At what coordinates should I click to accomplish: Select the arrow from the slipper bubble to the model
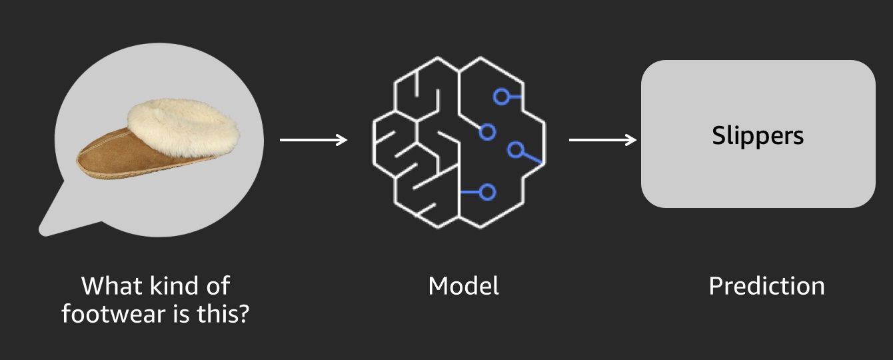(x=313, y=140)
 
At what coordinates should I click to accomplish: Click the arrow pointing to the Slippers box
(x=602, y=140)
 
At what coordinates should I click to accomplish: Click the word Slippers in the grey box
(x=758, y=136)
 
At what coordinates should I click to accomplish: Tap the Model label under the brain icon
(x=463, y=286)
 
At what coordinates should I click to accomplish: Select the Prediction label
(x=766, y=286)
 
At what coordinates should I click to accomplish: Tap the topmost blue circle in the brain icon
(x=501, y=97)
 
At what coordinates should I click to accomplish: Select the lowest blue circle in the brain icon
(x=487, y=192)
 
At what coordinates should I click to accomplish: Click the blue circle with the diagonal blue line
(x=515, y=150)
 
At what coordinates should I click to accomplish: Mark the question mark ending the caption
(x=244, y=314)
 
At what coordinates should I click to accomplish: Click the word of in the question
(x=219, y=286)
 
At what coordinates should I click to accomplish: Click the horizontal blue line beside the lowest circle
(x=470, y=192)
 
